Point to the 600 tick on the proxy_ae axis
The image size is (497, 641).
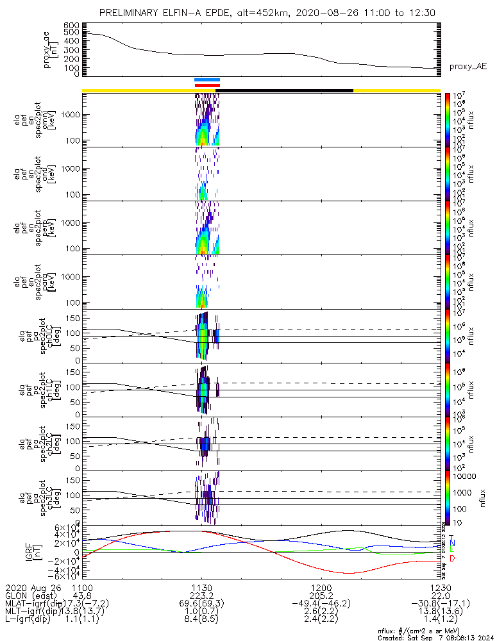pyautogui.click(x=71, y=25)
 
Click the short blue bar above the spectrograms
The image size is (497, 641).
pyautogui.click(x=207, y=79)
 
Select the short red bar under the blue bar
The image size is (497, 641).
pyautogui.click(x=207, y=85)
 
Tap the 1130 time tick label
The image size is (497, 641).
pyautogui.click(x=202, y=587)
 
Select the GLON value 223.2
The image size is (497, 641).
pyautogui.click(x=202, y=595)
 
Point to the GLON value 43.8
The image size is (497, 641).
pyautogui.click(x=83, y=595)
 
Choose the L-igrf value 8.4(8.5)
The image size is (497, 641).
pyautogui.click(x=202, y=620)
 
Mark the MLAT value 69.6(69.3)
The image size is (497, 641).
pyautogui.click(x=202, y=604)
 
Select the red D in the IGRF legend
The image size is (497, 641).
pyautogui.click(x=453, y=559)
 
